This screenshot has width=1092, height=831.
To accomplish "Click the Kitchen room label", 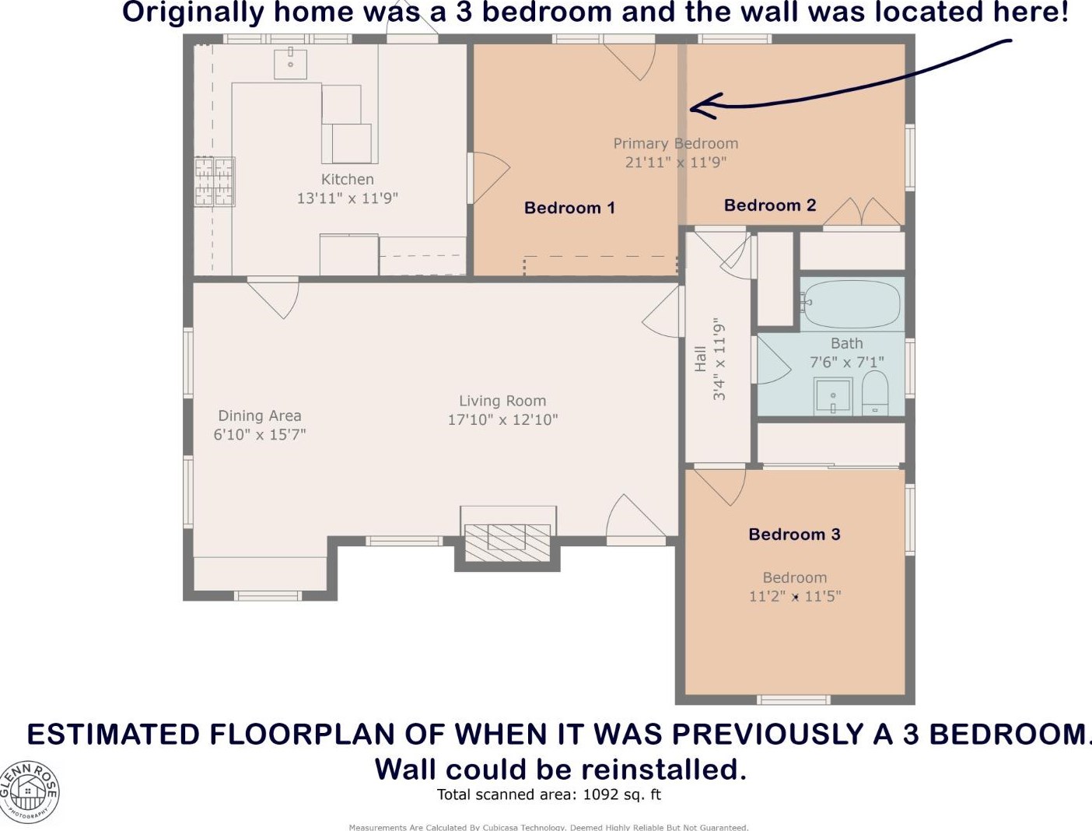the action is point(347,179).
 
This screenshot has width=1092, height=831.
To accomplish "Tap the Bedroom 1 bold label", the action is point(569,208).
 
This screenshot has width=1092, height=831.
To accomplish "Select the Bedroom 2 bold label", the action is point(770,205).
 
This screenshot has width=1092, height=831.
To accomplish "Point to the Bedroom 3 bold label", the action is point(794,534).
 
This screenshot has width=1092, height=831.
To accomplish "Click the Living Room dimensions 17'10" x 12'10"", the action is point(502,419).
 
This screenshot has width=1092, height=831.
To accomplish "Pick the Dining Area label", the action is point(260,415).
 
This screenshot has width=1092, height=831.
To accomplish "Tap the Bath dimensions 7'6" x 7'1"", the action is point(847,362).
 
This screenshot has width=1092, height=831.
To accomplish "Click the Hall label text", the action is point(700,359).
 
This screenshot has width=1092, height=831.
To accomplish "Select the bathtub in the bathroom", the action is point(852,303).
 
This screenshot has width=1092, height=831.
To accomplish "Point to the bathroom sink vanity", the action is point(833,396).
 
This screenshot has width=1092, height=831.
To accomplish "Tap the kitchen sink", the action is point(291,64).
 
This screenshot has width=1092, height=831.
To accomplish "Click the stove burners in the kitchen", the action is point(215,181).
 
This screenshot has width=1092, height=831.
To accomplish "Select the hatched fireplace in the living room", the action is point(507,543).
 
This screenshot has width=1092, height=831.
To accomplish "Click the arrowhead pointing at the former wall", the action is point(702,106).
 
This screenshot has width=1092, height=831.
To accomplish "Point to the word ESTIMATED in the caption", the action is point(114,735).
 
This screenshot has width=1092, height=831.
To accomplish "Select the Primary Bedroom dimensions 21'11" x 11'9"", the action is point(676,162).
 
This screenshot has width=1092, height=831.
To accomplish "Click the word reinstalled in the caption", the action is point(664,770).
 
